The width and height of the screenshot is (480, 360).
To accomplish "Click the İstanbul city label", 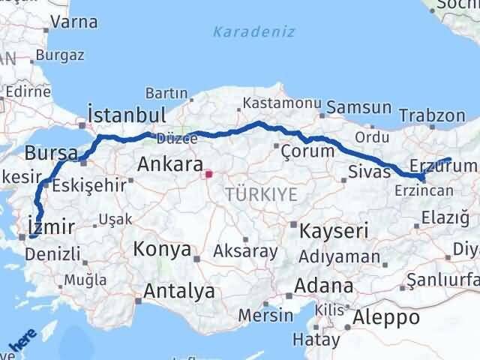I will pos(126,115).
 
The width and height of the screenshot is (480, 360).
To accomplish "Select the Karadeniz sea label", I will pos(253,32).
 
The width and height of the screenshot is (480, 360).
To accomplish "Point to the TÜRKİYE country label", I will pos(260,195).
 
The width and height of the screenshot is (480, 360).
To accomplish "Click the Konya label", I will pos(162,248).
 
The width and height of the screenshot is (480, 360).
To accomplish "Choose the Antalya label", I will pos(179,290).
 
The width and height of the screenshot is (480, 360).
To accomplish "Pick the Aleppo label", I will pos(387,316).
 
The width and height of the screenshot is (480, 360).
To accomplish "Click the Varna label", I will pos(70,24).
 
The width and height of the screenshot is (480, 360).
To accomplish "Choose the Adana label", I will pos(324,286).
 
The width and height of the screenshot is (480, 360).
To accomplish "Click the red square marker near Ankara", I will pos(210,176).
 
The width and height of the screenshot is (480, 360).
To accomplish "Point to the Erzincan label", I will pos(423,190).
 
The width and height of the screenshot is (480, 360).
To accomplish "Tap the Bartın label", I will pos(166,93).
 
